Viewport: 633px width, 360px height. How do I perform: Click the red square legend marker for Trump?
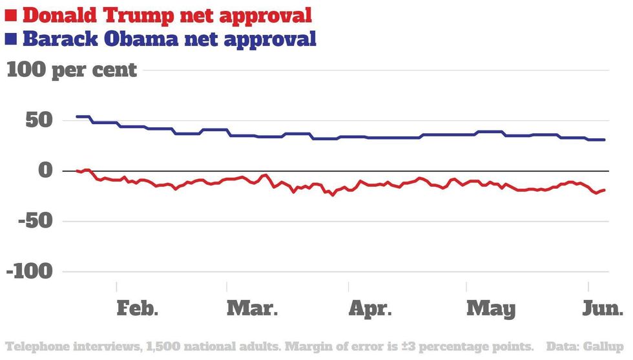click(11, 14)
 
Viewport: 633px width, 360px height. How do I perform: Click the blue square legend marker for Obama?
click(11, 39)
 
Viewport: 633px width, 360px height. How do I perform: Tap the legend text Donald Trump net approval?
click(167, 14)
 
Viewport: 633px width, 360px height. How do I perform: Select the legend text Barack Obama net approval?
click(169, 39)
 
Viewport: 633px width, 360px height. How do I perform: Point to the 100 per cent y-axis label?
click(72, 69)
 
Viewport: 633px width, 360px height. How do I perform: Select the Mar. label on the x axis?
click(253, 308)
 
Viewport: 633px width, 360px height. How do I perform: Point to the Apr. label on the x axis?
click(371, 308)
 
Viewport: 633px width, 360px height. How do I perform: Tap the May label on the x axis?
click(491, 308)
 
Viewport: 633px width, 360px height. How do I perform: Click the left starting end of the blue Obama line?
click(77, 116)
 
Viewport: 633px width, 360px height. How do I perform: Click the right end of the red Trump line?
click(605, 190)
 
